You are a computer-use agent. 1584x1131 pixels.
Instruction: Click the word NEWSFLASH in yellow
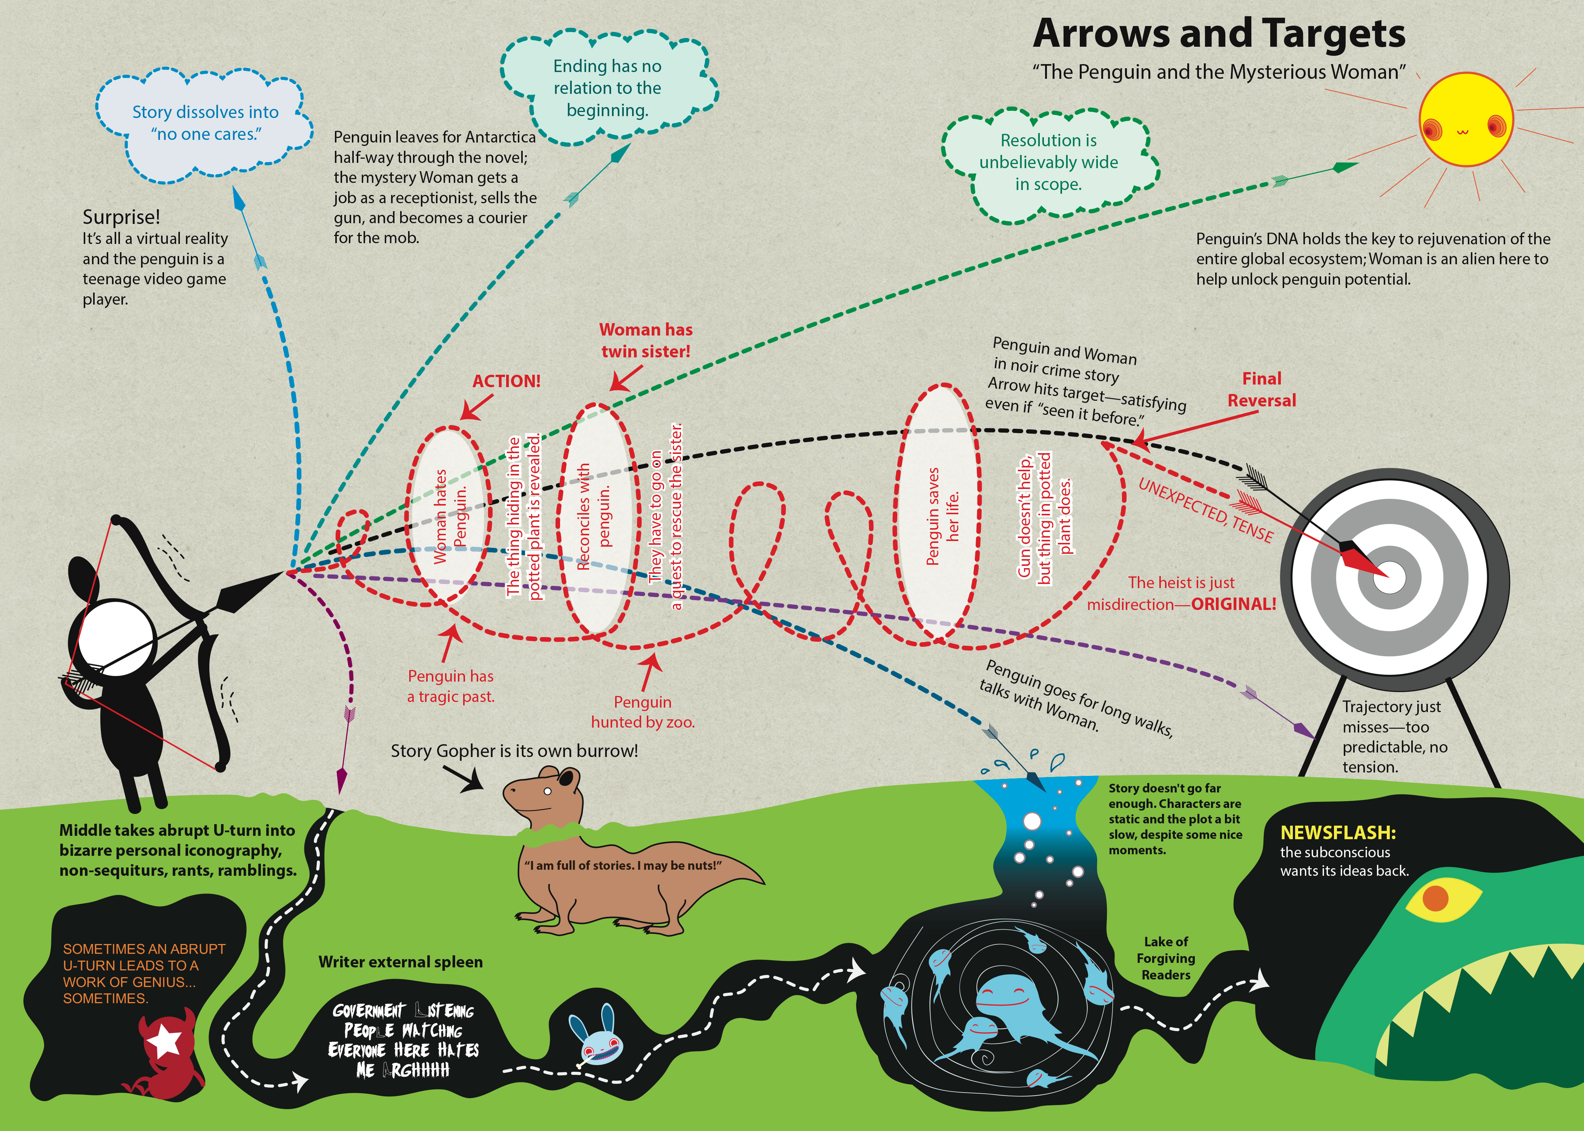coord(1337,832)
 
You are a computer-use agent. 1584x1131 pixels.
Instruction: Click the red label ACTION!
coord(507,381)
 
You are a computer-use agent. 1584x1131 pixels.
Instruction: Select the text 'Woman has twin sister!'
coord(646,340)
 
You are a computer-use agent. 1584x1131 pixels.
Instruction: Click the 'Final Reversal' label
coord(1262,389)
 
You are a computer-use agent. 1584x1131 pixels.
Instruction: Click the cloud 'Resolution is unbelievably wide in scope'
coord(1048,162)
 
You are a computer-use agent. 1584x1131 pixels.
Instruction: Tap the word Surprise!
coord(121,217)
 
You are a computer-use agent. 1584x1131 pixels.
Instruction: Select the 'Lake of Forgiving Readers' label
coord(1165,958)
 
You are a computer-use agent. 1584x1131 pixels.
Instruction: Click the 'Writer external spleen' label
coord(401,962)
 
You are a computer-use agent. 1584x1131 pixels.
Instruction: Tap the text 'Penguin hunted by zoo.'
coord(642,712)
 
